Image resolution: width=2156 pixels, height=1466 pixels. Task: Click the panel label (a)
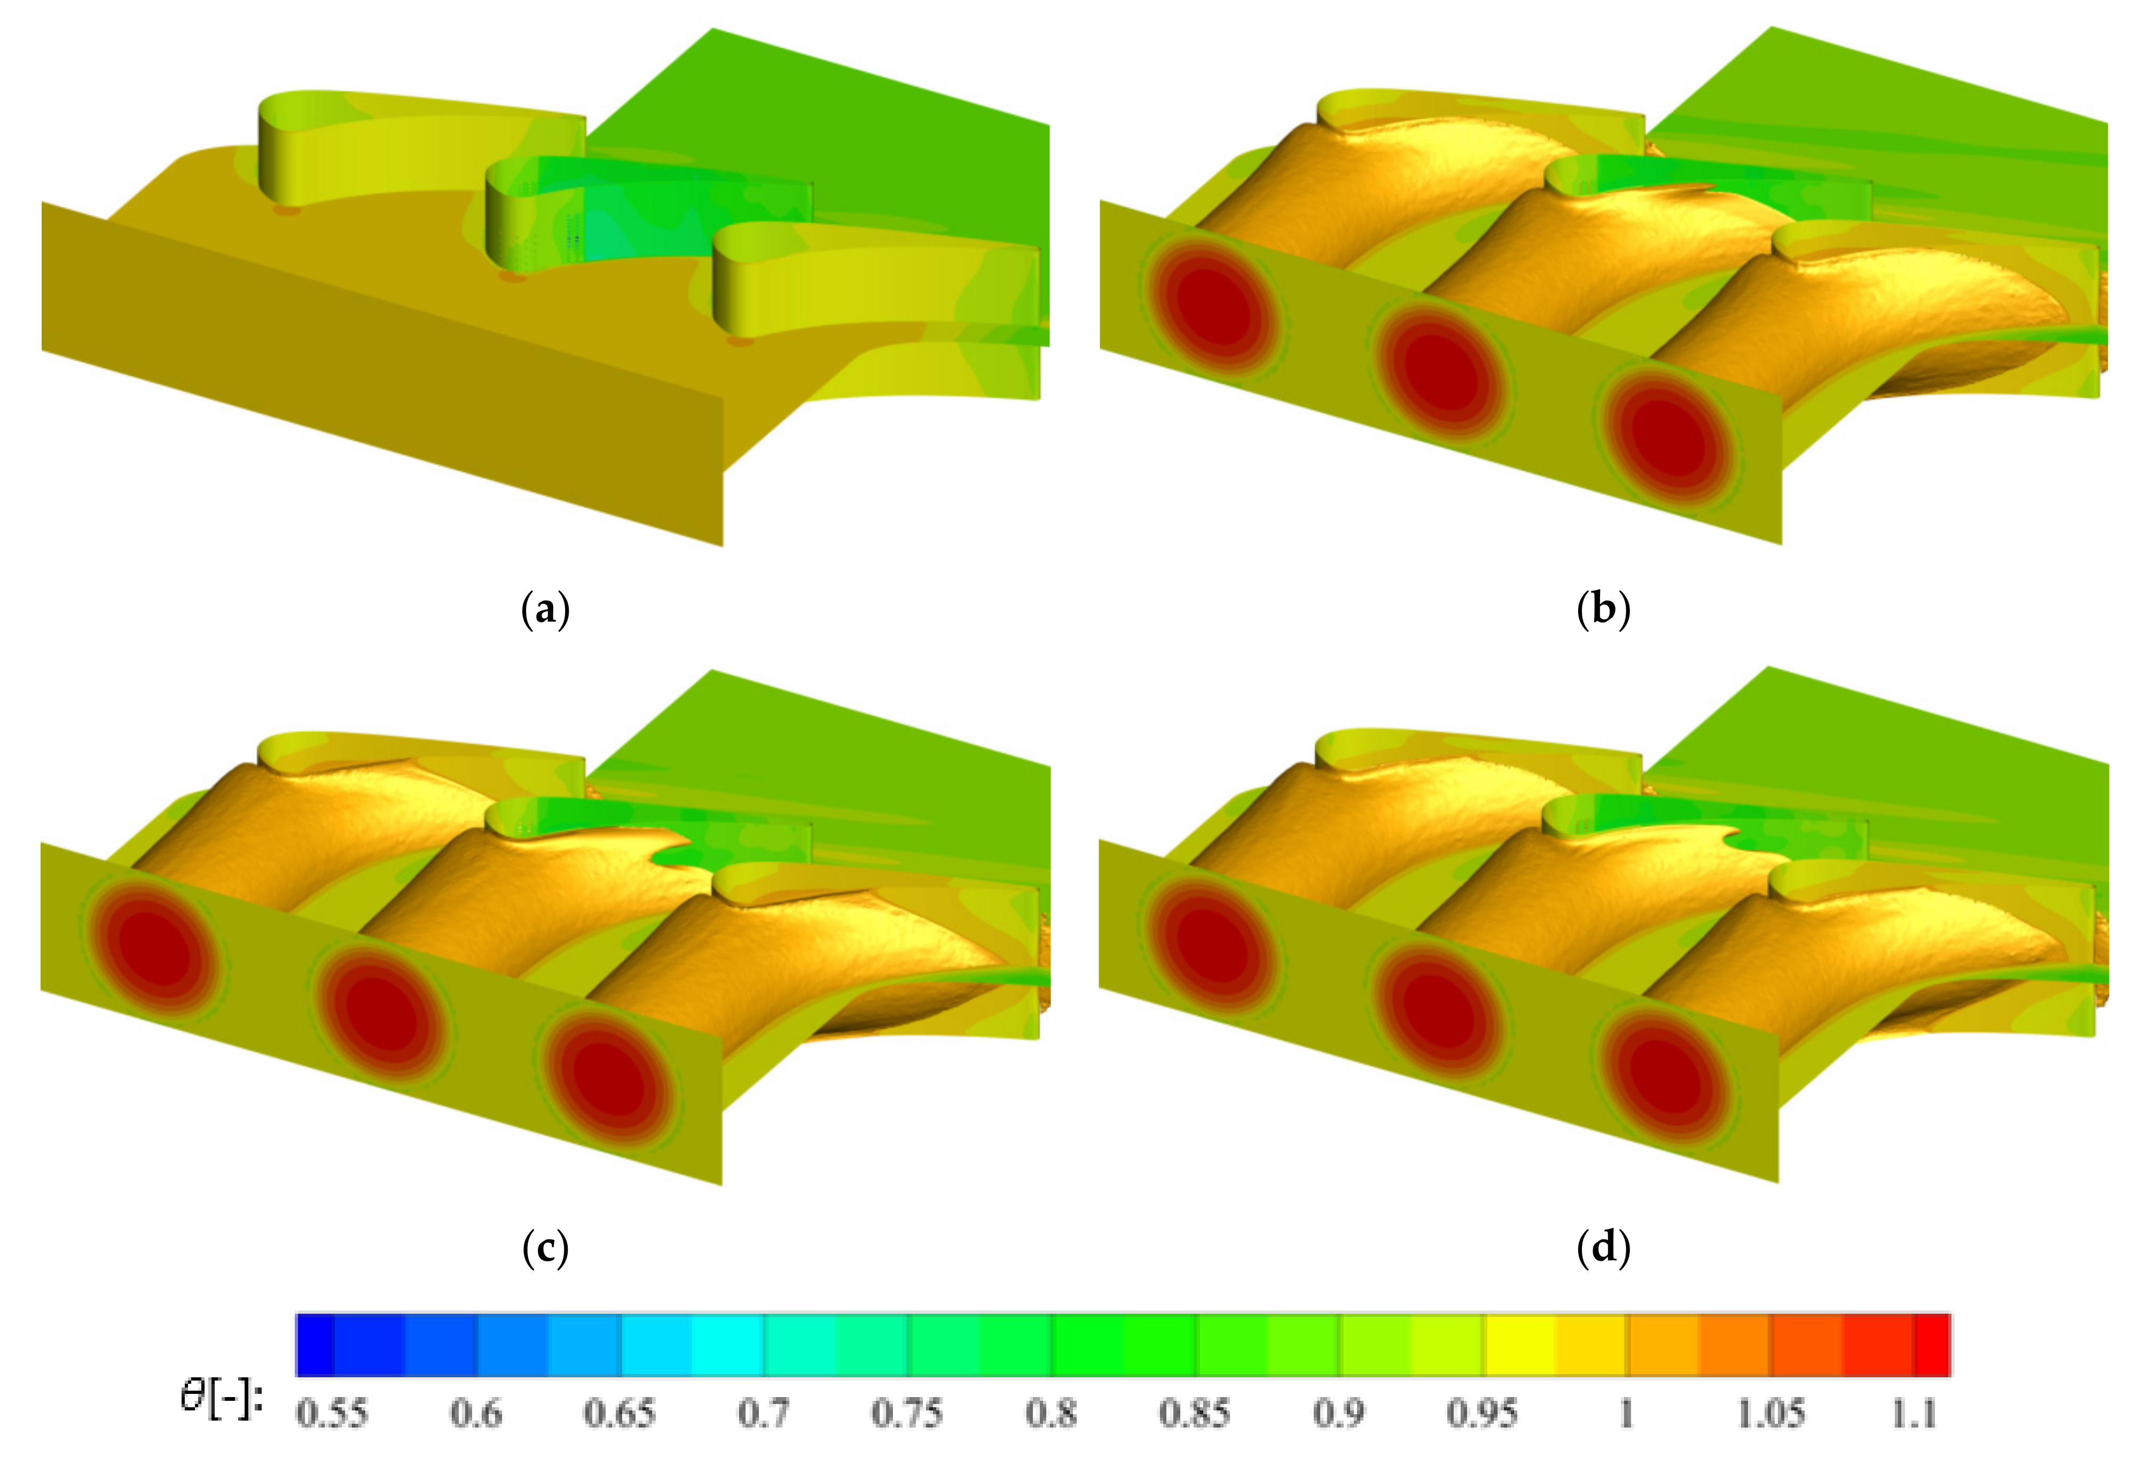click(545, 611)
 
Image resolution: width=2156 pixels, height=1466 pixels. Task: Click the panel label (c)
click(545, 1249)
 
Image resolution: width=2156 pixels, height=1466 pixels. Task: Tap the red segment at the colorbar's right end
click(1932, 1344)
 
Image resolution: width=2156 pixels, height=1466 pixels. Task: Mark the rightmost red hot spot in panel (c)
click(608, 1077)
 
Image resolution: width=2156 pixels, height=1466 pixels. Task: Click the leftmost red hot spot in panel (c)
click(153, 946)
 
